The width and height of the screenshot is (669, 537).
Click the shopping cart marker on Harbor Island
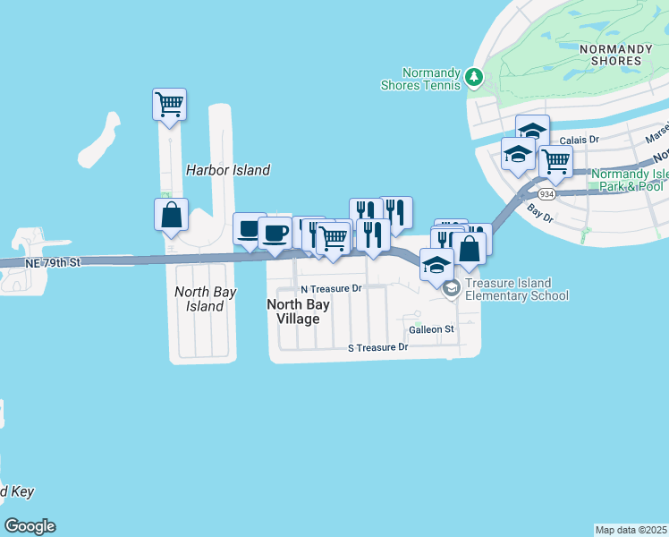tap(169, 105)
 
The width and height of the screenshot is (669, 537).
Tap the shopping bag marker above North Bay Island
tap(171, 216)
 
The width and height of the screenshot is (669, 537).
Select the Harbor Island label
tap(227, 170)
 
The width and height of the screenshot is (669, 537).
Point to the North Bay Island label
tap(205, 299)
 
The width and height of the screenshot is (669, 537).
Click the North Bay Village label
tap(299, 311)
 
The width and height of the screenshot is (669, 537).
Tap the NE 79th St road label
tap(54, 262)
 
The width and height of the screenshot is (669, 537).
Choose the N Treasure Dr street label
tap(330, 289)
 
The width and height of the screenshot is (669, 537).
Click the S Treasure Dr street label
tap(377, 346)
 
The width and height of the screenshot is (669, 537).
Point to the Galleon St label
tap(431, 329)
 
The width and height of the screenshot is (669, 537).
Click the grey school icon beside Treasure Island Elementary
tap(452, 287)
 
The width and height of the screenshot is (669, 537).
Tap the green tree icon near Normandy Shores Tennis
tap(474, 78)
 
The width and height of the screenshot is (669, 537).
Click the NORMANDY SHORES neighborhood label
tap(610, 55)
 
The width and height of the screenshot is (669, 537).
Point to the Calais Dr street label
tap(579, 140)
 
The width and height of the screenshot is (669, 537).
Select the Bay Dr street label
tap(541, 214)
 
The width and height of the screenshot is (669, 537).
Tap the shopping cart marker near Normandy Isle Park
tap(555, 162)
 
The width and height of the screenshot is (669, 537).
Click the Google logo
tap(30, 526)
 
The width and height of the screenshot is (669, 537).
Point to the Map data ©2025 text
tap(631, 530)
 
